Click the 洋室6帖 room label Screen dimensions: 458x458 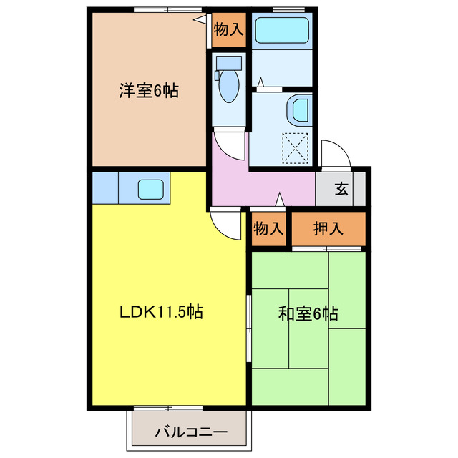pos(148,91)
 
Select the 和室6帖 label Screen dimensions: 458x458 pos(308,313)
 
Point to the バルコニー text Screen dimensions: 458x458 pos(191,433)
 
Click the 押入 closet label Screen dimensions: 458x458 pos(328,229)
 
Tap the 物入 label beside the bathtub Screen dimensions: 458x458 pos(229,29)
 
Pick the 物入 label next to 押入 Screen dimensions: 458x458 pos(268,229)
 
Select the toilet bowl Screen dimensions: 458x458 pos(229,89)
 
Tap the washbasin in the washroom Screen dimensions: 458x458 pos(299,110)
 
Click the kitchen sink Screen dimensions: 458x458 pos(150,190)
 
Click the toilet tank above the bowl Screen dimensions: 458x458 pos(229,62)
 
